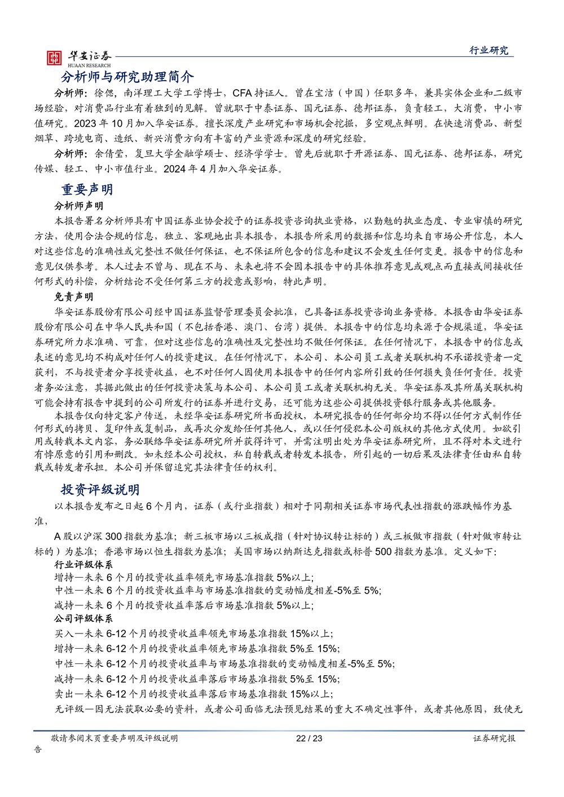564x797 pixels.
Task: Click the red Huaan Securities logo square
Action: (54, 57)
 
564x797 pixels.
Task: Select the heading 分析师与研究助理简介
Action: (127, 77)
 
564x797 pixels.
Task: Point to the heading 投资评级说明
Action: (100, 489)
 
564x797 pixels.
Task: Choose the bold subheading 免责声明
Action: (74, 296)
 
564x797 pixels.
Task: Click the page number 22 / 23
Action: (309, 738)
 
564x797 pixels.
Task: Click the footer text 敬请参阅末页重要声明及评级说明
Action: (114, 738)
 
